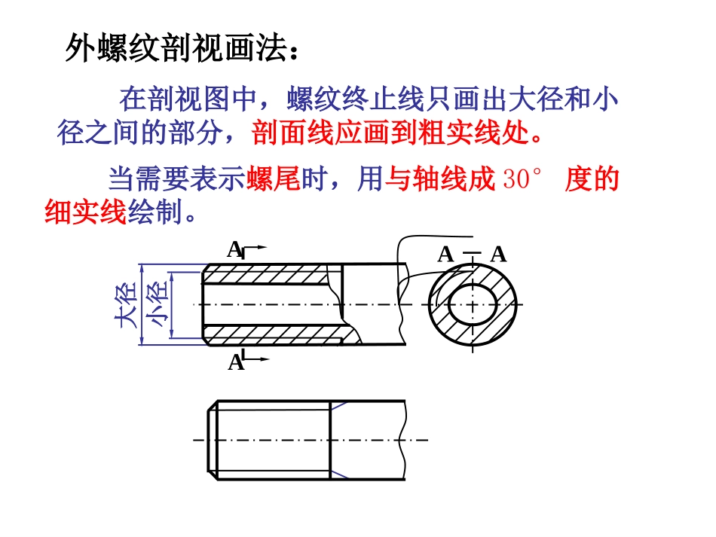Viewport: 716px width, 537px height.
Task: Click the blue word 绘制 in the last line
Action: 154,213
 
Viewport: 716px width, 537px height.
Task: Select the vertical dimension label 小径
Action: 158,305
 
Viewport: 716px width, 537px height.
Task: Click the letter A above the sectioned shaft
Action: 234,249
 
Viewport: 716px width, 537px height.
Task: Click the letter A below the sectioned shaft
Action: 235,362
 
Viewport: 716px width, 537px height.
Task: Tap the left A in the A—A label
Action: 445,255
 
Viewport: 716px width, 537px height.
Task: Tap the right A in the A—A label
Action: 498,255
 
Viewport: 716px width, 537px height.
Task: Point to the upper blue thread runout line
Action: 339,407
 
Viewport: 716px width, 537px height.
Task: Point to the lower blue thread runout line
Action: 339,473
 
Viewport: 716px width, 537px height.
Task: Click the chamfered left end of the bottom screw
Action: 213,440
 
